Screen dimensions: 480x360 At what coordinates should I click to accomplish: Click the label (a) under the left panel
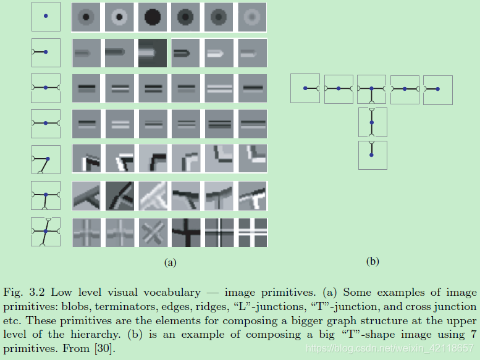[x=170, y=262]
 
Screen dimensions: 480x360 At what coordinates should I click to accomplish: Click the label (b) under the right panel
[x=373, y=261]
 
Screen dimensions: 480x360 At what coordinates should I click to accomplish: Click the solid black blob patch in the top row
[x=152, y=17]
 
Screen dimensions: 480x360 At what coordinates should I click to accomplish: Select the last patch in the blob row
[x=252, y=17]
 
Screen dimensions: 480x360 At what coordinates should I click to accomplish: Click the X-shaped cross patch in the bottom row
[x=152, y=232]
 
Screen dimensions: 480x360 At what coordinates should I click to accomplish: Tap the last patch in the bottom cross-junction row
[x=252, y=232]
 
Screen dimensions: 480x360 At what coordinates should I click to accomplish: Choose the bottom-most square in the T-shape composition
[x=373, y=154]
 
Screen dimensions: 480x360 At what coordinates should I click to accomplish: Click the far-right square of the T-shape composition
[x=438, y=90]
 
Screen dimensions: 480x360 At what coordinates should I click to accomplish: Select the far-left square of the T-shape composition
[x=305, y=88]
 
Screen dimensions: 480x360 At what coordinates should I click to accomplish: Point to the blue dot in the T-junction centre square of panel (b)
[x=371, y=89]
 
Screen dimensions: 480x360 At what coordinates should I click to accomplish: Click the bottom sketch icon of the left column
[x=46, y=232]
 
